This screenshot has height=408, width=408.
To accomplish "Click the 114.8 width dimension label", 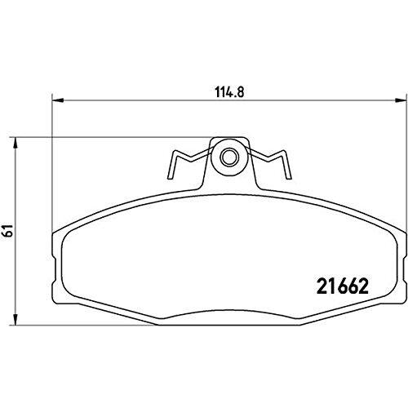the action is [x=230, y=92].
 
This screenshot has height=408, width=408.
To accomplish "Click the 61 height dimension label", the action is [x=8, y=231].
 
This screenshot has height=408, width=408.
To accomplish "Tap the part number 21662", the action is [x=343, y=286].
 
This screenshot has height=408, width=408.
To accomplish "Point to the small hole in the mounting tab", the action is [x=228, y=157].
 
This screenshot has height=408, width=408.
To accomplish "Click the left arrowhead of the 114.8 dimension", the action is [x=58, y=100].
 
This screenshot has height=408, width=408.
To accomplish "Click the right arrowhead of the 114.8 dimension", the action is [x=401, y=100].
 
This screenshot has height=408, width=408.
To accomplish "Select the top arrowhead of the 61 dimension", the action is [x=16, y=144].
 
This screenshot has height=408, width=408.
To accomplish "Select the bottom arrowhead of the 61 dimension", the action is [x=16, y=319].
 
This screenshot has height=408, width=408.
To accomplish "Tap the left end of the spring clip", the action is [x=170, y=177].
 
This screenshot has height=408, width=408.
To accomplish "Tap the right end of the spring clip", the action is [x=289, y=177].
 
